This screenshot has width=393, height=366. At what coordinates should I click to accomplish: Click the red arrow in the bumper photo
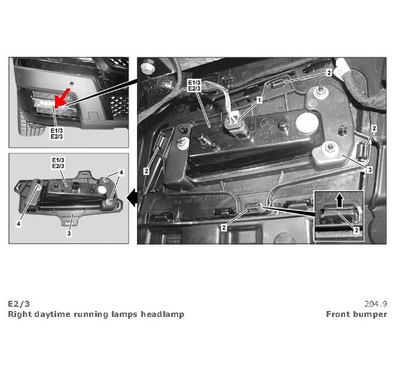coord(62,98)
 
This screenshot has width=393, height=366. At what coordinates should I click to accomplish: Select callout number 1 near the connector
coord(260,100)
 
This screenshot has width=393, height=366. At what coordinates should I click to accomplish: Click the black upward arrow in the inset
coord(340,199)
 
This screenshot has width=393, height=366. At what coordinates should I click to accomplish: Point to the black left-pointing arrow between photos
coord(132,198)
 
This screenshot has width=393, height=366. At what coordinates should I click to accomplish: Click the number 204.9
coord(376,304)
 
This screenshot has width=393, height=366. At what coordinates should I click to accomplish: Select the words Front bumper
coord(357,314)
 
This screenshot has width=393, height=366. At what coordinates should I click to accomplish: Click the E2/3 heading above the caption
coord(19,304)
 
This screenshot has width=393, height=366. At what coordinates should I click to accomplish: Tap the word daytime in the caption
coord(53,315)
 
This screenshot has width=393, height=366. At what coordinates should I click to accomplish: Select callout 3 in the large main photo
coord(370,170)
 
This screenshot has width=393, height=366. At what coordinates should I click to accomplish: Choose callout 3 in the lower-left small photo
coord(69,233)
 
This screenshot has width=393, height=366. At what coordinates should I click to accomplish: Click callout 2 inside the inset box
coord(356,230)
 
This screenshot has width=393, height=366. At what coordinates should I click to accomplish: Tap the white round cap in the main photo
coord(306,123)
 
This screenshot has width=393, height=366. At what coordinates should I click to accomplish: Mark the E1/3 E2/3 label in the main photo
coord(194,86)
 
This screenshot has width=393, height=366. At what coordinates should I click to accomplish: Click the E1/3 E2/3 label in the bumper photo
coord(57,133)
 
